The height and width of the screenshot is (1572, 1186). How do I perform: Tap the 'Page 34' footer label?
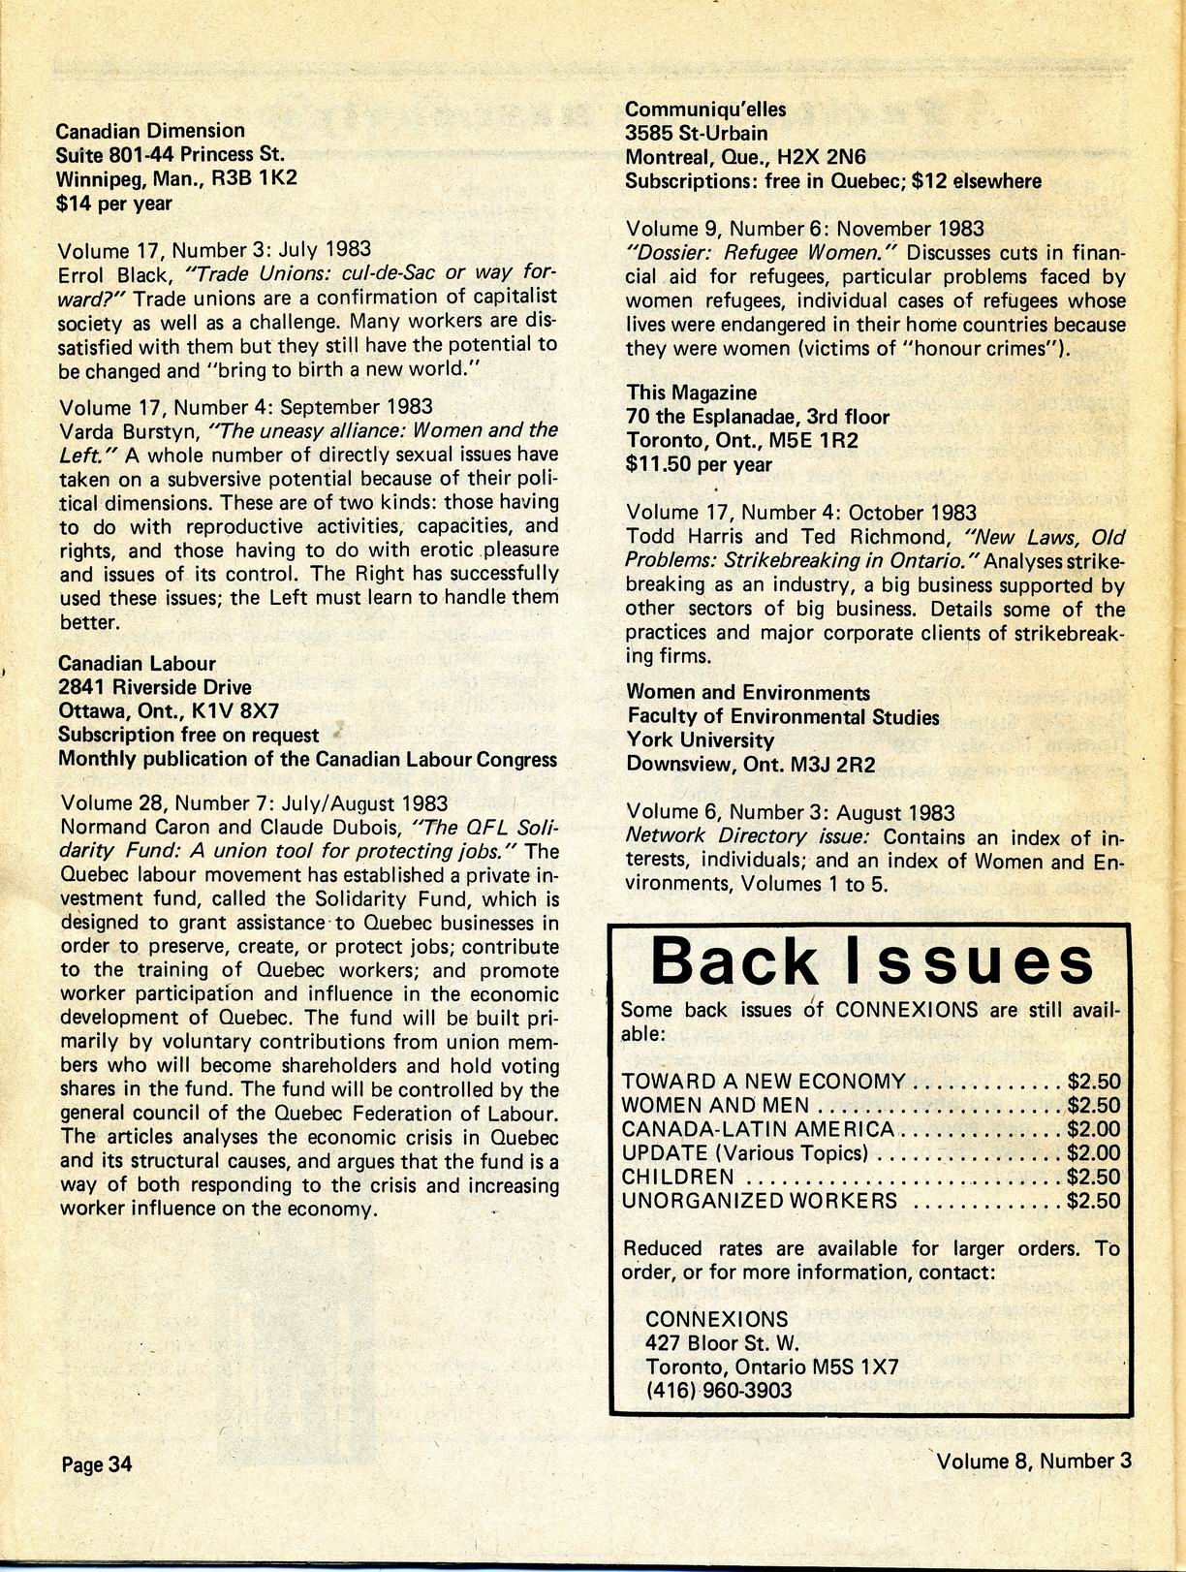(x=96, y=1463)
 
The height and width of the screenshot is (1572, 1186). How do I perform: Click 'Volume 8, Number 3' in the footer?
(x=1033, y=1461)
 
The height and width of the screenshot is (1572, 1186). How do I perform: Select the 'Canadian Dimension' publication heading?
(x=150, y=130)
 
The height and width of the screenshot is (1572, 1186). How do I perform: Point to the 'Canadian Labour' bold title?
(x=137, y=663)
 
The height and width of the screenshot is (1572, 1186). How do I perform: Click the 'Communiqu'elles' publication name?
(x=705, y=109)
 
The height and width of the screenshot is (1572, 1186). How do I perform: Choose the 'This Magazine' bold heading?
(x=691, y=393)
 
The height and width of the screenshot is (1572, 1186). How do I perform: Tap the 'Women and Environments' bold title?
(x=748, y=693)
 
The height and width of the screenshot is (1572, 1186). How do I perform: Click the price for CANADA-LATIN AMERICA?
(x=1093, y=1129)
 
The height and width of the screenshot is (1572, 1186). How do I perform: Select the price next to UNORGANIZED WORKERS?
(x=1093, y=1201)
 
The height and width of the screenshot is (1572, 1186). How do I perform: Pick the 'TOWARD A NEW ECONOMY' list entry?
(x=764, y=1082)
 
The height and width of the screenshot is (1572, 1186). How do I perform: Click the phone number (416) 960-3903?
(x=718, y=1390)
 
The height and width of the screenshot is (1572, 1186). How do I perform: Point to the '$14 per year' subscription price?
(x=114, y=203)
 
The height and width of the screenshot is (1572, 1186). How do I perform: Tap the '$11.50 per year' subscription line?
(x=699, y=464)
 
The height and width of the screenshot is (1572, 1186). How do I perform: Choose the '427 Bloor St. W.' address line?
(x=722, y=1343)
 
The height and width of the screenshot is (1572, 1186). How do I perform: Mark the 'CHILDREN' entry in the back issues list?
(x=677, y=1177)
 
